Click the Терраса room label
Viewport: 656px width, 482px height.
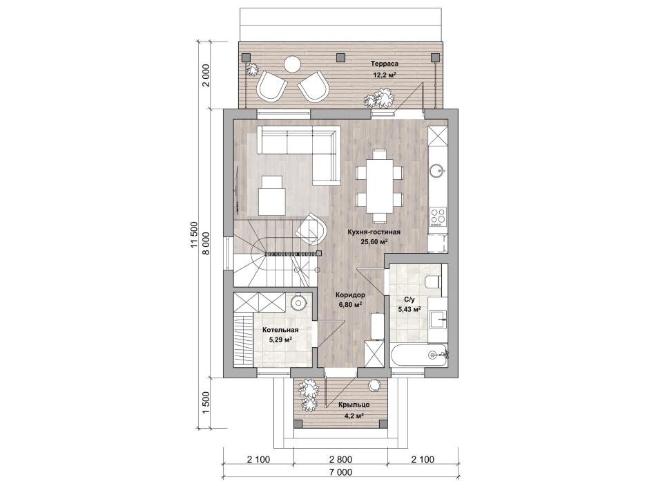pyautogui.click(x=384, y=64)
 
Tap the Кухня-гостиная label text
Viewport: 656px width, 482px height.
pyautogui.click(x=374, y=232)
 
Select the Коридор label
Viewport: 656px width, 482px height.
pyautogui.click(x=351, y=295)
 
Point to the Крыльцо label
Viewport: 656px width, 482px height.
pyautogui.click(x=354, y=405)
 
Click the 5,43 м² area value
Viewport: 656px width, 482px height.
pyautogui.click(x=409, y=309)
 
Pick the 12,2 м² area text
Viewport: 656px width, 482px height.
pyautogui.click(x=385, y=75)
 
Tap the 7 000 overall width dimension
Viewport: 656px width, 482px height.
pyautogui.click(x=340, y=472)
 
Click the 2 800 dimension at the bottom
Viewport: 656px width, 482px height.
pyautogui.click(x=340, y=459)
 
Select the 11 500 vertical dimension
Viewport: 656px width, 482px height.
pyautogui.click(x=194, y=234)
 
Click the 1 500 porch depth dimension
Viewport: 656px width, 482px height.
pyautogui.click(x=206, y=403)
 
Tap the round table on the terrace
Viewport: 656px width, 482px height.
pyautogui.click(x=292, y=65)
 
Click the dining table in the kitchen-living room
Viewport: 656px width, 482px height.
pyautogui.click(x=380, y=185)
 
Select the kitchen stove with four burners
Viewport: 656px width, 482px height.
pyautogui.click(x=438, y=216)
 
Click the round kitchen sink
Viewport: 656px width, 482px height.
pyautogui.click(x=438, y=171)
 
